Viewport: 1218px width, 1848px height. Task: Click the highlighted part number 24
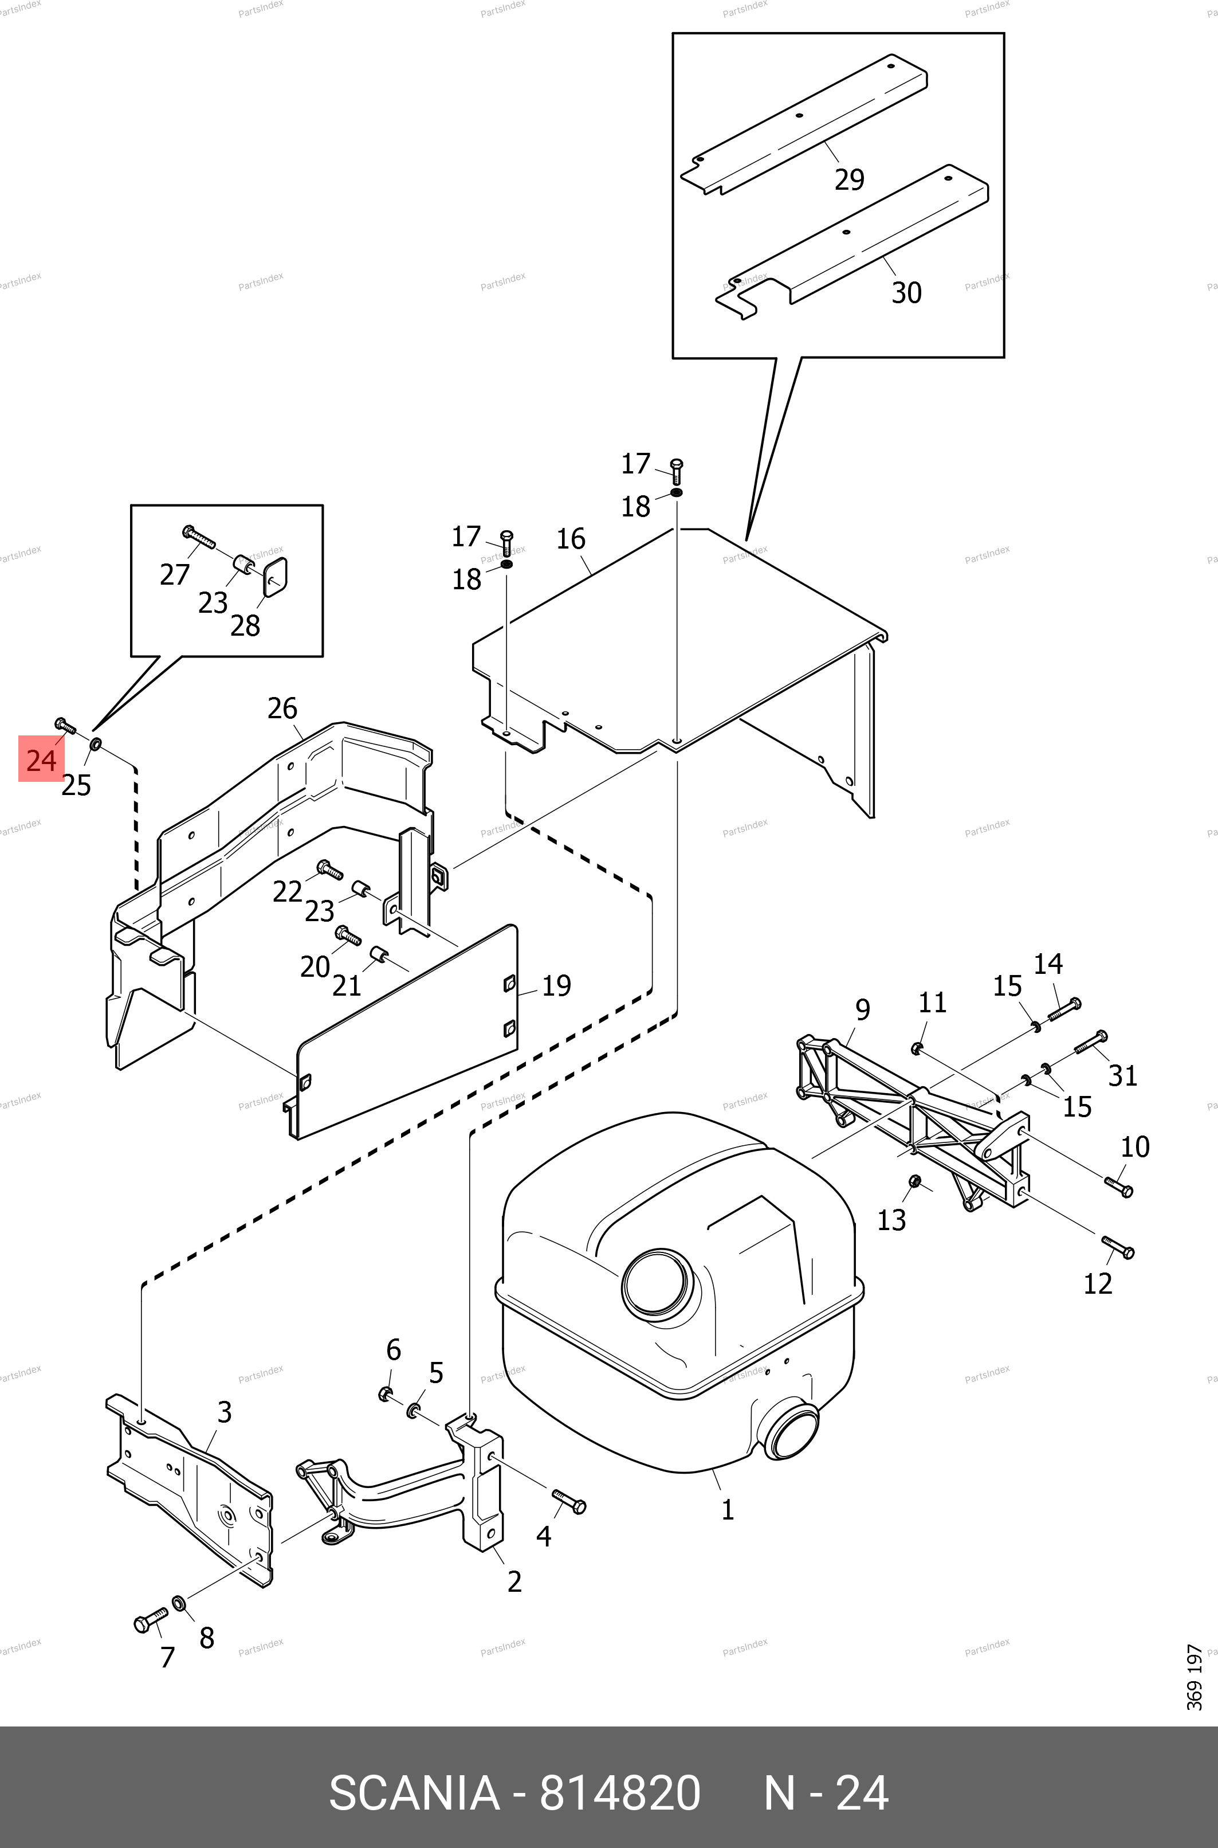[x=41, y=759]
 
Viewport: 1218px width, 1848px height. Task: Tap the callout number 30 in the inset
[x=906, y=293]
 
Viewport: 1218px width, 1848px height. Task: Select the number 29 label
[x=849, y=179]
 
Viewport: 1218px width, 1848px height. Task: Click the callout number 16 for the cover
[x=571, y=539]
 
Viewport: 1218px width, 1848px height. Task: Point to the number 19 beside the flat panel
[x=556, y=985]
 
